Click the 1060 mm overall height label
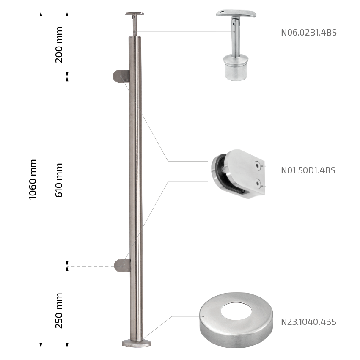pos(33,179)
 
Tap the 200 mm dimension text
pos(59,45)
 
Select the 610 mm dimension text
pos(59,180)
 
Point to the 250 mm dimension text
pos(59,311)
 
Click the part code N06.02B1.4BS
pos(309,33)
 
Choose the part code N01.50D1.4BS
pos(308,170)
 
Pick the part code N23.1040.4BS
pos(308,322)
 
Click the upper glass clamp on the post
pos(121,76)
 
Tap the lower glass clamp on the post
pos(122,266)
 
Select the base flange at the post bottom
pos(136,343)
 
